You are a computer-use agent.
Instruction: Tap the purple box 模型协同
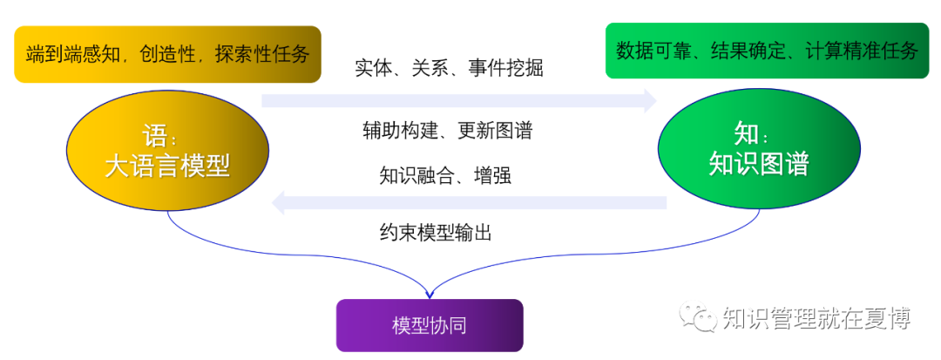tap(430, 325)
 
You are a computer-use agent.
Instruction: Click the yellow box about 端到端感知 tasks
tap(167, 54)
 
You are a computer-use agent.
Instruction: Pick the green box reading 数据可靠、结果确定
tap(767, 51)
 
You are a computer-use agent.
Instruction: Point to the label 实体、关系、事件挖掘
tap(449, 68)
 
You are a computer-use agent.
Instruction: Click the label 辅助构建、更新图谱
tap(447, 131)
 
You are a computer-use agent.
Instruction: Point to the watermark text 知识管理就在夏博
tap(816, 319)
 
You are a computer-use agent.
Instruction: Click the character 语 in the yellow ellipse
tap(154, 135)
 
